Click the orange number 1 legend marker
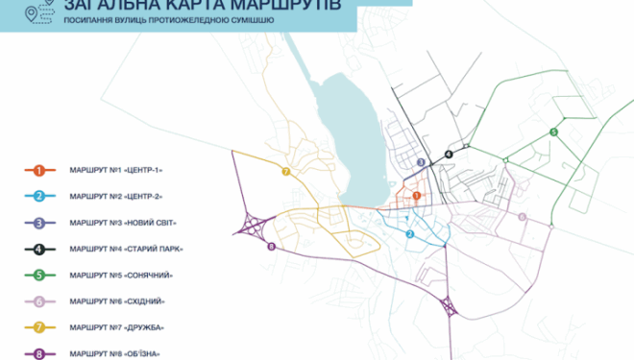click(39, 170)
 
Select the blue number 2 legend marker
click(39, 197)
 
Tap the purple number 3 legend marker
click(39, 223)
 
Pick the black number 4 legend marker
click(39, 250)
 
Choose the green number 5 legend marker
click(39, 276)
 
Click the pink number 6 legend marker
click(39, 301)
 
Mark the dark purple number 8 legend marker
click(39, 354)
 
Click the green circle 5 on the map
click(553, 132)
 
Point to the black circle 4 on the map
click(449, 154)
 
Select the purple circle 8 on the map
click(271, 247)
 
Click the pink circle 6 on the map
click(522, 217)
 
